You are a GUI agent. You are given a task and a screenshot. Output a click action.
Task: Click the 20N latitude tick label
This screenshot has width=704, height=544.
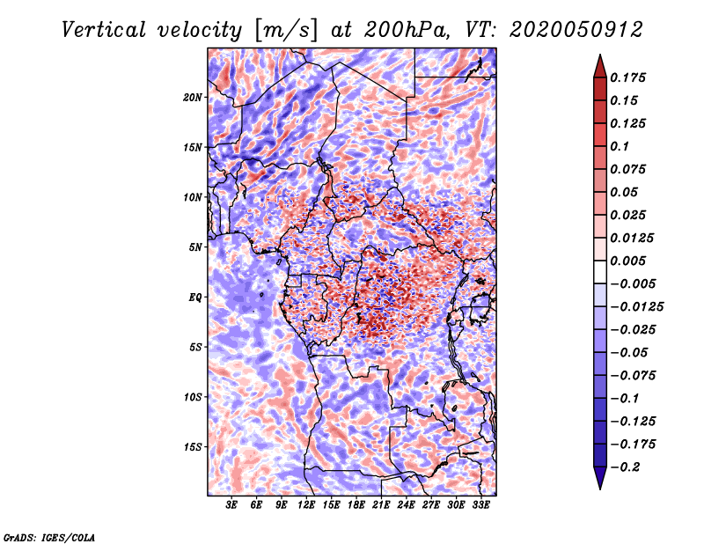pyautogui.click(x=192, y=98)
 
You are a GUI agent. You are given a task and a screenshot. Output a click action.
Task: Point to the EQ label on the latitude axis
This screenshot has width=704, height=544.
pyautogui.click(x=194, y=298)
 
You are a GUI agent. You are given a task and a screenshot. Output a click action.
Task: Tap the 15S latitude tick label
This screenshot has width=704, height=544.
pyautogui.click(x=193, y=447)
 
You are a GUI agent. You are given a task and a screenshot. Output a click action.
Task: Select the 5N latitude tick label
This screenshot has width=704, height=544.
pyautogui.click(x=195, y=247)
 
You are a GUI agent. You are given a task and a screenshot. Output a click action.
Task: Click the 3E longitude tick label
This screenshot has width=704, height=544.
pyautogui.click(x=231, y=505)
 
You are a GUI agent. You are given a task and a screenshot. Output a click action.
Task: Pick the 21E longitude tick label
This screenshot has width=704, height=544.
pyautogui.click(x=381, y=505)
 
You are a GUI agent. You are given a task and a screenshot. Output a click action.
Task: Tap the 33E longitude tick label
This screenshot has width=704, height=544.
pyautogui.click(x=480, y=505)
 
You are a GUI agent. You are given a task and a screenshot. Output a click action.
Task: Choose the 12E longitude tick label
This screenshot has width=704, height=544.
pyautogui.click(x=305, y=505)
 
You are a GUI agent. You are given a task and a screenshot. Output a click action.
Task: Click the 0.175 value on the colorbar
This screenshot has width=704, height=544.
pyautogui.click(x=627, y=77)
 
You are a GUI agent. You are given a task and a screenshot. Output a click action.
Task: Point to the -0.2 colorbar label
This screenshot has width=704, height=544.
pyautogui.click(x=625, y=467)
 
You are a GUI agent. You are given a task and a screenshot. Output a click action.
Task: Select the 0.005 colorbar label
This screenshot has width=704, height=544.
pyautogui.click(x=627, y=261)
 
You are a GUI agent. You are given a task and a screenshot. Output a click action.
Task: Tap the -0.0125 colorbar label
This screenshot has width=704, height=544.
pyautogui.click(x=636, y=307)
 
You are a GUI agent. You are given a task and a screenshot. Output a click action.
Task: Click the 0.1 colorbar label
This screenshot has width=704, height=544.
pyautogui.click(x=620, y=146)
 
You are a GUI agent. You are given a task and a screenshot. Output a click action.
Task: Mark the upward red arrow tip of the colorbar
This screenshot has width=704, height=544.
pyautogui.click(x=600, y=55)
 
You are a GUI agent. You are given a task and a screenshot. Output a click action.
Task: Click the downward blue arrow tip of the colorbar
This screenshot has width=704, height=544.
pyautogui.click(x=600, y=489)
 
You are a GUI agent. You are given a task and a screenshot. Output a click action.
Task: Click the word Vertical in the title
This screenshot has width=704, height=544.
pyautogui.click(x=104, y=30)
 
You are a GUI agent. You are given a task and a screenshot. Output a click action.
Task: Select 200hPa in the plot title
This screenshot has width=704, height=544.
pyautogui.click(x=407, y=30)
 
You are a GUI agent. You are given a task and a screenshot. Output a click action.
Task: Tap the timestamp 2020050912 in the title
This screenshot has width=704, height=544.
pyautogui.click(x=576, y=30)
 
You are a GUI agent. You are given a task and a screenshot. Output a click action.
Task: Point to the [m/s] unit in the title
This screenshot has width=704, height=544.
pyautogui.click(x=286, y=30)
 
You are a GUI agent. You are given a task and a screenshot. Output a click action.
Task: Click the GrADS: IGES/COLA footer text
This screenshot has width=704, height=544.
pyautogui.click(x=49, y=537)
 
